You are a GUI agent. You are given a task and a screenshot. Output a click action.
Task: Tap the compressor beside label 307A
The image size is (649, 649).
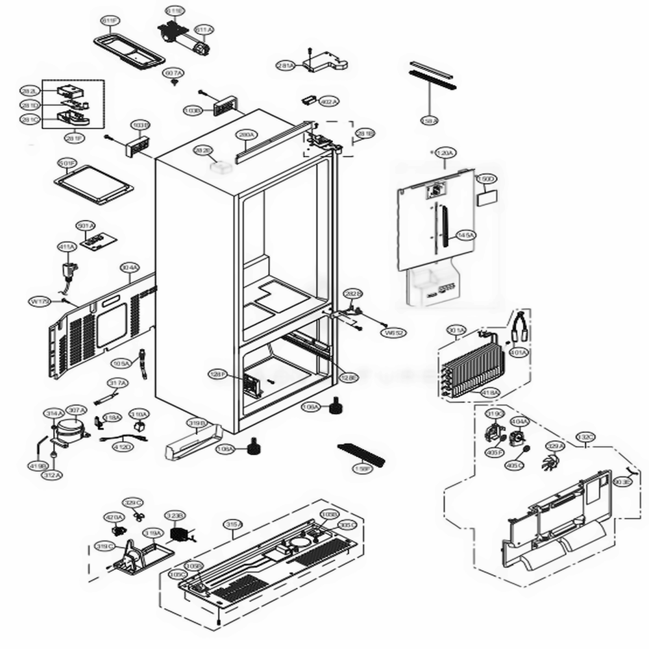(69, 429)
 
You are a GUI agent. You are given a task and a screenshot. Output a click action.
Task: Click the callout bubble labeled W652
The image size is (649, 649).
(395, 333)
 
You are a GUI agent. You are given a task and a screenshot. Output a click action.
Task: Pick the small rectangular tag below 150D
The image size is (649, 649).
(486, 197)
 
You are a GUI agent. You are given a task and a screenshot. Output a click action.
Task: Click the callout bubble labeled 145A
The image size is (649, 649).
(465, 236)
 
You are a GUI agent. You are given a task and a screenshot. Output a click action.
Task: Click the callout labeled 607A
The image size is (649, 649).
(173, 74)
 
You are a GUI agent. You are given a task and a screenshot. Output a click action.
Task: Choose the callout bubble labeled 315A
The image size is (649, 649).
(233, 524)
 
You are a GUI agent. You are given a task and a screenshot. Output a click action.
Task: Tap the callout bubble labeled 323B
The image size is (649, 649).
(175, 516)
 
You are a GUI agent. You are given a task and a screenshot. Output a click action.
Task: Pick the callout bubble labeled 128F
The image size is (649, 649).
(217, 374)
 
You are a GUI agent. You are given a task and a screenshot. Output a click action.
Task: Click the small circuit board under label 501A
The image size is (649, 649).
(99, 241)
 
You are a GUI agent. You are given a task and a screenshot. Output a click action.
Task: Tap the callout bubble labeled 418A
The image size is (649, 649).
(490, 393)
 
